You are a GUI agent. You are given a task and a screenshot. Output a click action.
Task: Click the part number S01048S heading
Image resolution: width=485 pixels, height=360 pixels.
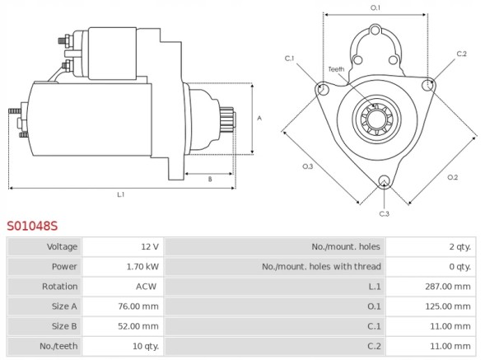(x=33, y=225)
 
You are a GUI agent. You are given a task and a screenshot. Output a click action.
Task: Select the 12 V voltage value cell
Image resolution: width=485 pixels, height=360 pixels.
(x=149, y=246)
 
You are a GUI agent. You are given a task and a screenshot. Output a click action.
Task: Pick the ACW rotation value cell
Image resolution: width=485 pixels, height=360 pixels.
(x=147, y=286)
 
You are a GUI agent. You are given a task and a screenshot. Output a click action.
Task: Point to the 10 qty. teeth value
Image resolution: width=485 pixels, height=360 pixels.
(x=145, y=345)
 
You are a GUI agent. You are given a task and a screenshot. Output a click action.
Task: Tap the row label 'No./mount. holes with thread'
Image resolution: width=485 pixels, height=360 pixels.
(x=321, y=266)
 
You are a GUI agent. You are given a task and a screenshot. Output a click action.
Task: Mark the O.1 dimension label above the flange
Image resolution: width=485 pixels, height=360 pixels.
(x=375, y=7)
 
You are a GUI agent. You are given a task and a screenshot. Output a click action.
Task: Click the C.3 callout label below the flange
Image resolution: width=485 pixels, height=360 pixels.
(x=384, y=214)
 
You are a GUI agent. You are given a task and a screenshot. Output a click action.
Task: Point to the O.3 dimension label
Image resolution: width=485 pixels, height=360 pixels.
(x=307, y=166)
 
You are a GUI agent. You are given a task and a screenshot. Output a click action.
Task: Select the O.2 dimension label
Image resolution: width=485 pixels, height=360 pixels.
(x=452, y=177)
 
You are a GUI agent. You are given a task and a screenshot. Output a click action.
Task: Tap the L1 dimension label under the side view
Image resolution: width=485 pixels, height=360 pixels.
(x=120, y=195)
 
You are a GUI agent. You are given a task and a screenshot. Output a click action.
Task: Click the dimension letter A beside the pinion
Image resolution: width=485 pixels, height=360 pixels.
(x=259, y=118)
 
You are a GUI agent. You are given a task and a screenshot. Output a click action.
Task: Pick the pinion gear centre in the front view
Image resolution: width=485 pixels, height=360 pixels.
(x=375, y=117)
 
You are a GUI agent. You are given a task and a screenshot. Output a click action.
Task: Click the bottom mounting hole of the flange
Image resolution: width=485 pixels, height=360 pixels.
(x=384, y=182)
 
